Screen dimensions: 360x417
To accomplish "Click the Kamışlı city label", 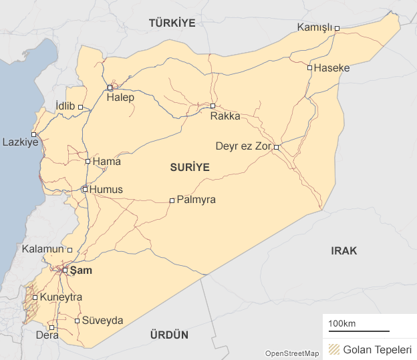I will point(314,27).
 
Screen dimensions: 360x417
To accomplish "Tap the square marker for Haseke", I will point(309,67).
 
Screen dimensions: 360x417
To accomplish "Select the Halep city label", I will point(120,98).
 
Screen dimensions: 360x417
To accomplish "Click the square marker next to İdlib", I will point(80,107).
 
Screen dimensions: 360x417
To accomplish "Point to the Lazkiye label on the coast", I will point(20,142).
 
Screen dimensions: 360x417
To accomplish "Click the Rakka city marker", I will point(213,106).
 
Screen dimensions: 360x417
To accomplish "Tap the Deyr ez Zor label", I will point(243,146).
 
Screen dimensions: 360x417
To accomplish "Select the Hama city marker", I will point(88,161).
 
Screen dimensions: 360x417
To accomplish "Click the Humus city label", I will point(106,190).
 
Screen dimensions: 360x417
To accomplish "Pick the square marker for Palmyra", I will point(172,200).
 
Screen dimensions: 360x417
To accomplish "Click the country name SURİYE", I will point(190,168).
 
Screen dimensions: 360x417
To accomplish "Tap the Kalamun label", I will point(43,249).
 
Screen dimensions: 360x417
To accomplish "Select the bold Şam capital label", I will point(81,271).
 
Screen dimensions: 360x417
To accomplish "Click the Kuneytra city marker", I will point(35,297).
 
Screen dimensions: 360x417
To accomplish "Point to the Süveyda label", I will point(102,321).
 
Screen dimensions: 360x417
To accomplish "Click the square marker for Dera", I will point(52,327).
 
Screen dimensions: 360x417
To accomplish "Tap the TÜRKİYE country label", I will point(172,23).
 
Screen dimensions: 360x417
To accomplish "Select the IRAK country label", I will point(344,251).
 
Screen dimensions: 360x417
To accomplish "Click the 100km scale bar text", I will point(341,324).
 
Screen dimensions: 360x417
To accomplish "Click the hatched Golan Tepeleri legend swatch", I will point(331,349).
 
